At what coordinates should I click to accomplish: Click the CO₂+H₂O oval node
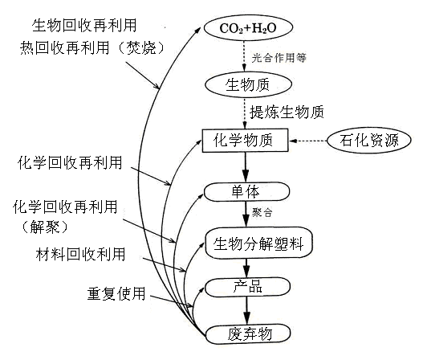[x=246, y=28]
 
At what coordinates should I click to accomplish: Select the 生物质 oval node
[x=246, y=84]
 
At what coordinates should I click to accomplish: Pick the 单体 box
[x=246, y=192]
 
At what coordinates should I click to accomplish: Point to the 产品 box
[x=246, y=286]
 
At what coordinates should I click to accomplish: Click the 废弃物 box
[x=246, y=333]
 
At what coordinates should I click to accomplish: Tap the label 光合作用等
[x=279, y=57]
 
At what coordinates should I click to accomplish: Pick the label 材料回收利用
[x=80, y=256]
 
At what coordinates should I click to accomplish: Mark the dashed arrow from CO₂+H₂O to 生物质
[x=246, y=56]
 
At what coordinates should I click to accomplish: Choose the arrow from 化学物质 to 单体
[x=246, y=166]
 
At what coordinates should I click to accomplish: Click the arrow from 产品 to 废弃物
[x=246, y=309]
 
